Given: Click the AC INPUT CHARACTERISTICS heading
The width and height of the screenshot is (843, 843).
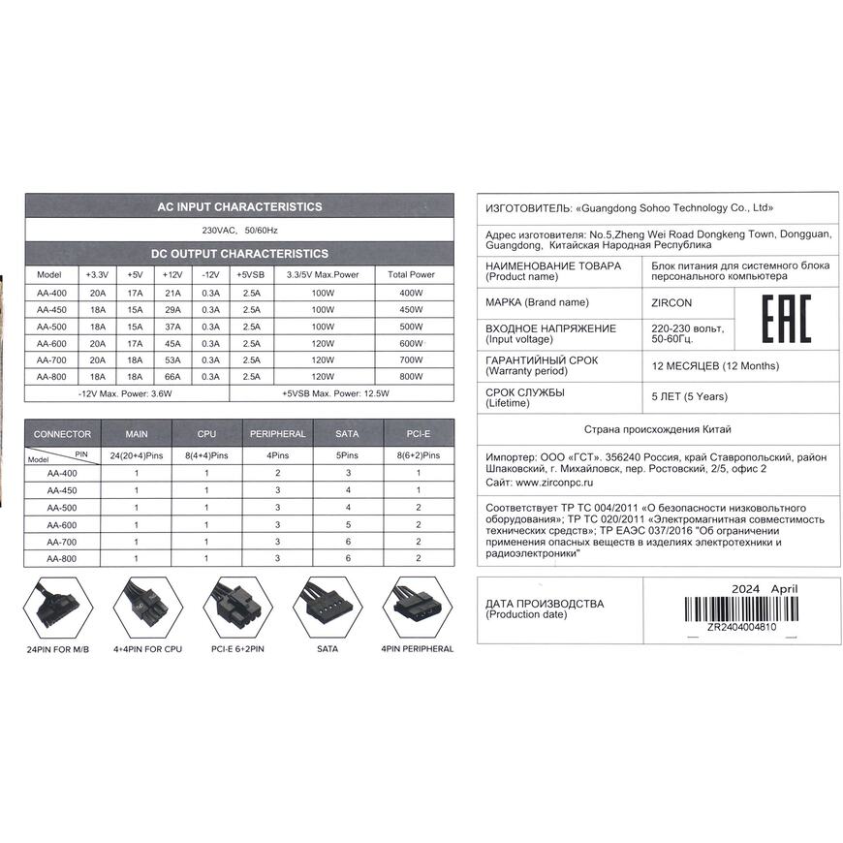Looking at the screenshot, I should coord(239,206).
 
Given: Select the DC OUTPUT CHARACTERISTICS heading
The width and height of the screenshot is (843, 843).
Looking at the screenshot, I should coord(239,254).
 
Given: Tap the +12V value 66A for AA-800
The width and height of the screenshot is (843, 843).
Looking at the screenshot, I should coord(173,376).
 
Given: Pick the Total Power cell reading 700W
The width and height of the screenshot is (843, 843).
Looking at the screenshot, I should coord(411,359).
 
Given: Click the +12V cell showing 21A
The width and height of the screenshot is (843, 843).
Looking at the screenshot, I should coord(173,292).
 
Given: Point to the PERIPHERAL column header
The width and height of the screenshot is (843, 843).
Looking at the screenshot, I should coord(277,433).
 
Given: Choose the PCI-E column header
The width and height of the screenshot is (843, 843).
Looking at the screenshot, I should coord(419,433).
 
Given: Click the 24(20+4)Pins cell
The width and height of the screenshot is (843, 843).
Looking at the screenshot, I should coord(137,454).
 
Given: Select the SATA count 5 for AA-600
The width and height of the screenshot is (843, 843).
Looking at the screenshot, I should coord(348,524).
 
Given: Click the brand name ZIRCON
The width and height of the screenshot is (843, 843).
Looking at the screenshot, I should coord(672,302).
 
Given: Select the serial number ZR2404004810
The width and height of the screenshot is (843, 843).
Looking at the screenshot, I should coord(741,627).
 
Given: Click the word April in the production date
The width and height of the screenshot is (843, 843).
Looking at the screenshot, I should coord(785,588).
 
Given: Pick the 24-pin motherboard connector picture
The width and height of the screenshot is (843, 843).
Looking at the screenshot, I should coord(58,607).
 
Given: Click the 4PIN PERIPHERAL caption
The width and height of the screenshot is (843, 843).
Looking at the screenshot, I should coord(417,648).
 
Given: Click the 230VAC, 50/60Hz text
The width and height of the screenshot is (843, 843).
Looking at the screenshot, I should coord(239,231).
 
